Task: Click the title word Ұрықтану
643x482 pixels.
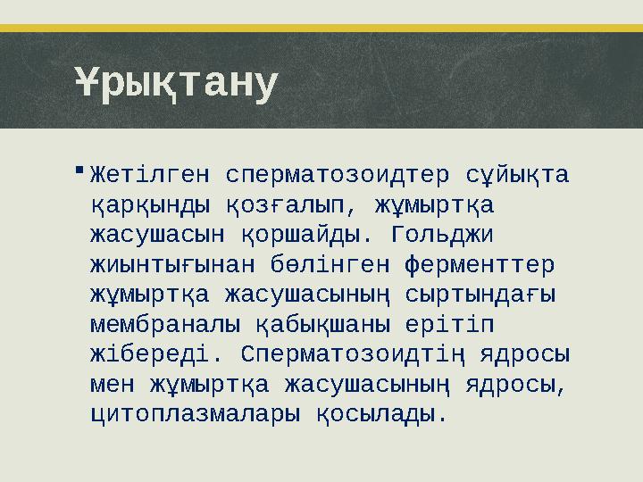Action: click(x=176, y=85)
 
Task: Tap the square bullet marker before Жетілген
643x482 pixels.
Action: click(x=80, y=168)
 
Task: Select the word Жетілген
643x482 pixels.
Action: click(x=150, y=173)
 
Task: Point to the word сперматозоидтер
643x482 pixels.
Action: click(x=337, y=173)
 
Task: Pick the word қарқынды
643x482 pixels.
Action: click(x=150, y=204)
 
